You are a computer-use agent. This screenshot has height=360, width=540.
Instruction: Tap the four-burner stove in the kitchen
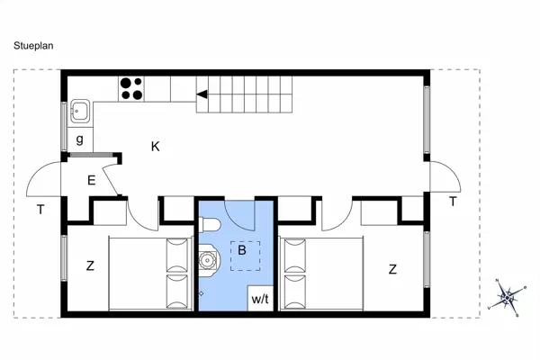click(x=131, y=88)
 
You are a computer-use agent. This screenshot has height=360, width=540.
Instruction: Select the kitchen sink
click(x=79, y=111)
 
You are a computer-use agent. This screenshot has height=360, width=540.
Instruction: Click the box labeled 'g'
click(x=80, y=139)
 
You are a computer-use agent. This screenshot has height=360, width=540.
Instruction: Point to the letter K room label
click(x=155, y=147)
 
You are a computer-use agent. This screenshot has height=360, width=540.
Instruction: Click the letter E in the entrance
click(x=91, y=180)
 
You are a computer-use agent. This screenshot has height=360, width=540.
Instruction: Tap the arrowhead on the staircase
click(x=203, y=93)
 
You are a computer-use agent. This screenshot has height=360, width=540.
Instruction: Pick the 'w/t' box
click(x=260, y=298)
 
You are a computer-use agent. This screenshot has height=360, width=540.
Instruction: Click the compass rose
click(x=508, y=297)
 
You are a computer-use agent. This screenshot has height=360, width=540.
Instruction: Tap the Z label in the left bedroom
click(x=90, y=265)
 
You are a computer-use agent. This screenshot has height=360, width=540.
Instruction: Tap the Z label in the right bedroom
click(x=392, y=268)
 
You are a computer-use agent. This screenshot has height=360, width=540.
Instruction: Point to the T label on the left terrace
click(x=40, y=210)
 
